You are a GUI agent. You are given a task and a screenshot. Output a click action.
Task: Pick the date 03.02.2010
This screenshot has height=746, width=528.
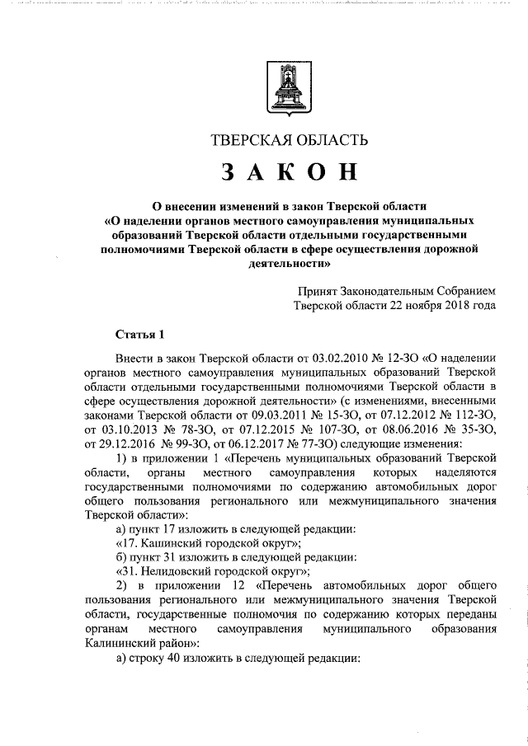click(x=309, y=357)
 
